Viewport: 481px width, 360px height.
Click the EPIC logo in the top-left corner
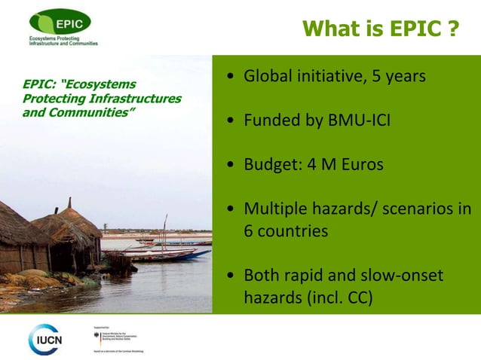(60, 23)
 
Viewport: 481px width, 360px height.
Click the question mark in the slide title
(452, 29)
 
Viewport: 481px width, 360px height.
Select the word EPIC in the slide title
(414, 29)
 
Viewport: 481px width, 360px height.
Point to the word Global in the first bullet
(268, 77)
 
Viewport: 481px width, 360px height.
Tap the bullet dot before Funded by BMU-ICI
(229, 121)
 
